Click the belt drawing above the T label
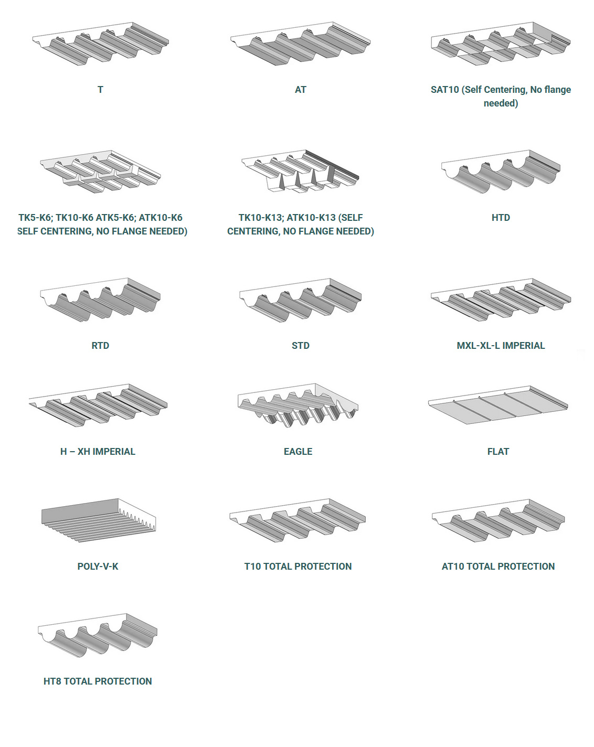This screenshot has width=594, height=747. pyautogui.click(x=100, y=44)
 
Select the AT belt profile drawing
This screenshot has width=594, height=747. pyautogui.click(x=300, y=44)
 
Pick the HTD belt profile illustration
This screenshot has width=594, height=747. pyautogui.click(x=501, y=172)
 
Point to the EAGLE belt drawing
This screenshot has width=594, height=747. pyautogui.click(x=298, y=405)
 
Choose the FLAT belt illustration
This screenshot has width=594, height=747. pyautogui.click(x=498, y=404)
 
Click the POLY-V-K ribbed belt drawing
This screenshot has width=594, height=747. pyautogui.click(x=98, y=520)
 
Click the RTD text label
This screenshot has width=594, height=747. pyautogui.click(x=100, y=346)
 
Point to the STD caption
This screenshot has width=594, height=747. pyautogui.click(x=301, y=346)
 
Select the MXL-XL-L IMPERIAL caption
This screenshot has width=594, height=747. pyautogui.click(x=501, y=346)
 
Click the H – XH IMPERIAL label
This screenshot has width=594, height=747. pyautogui.click(x=98, y=452)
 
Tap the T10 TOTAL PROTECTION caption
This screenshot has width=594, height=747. pyautogui.click(x=298, y=567)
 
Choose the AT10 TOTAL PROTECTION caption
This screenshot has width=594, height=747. pyautogui.click(x=498, y=567)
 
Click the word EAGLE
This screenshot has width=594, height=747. pyautogui.click(x=298, y=452)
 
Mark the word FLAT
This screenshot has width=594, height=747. pyautogui.click(x=498, y=452)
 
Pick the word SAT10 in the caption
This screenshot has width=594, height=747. pyautogui.click(x=444, y=90)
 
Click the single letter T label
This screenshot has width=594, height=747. pyautogui.click(x=100, y=90)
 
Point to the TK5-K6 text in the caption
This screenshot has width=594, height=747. pyautogui.click(x=34, y=218)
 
